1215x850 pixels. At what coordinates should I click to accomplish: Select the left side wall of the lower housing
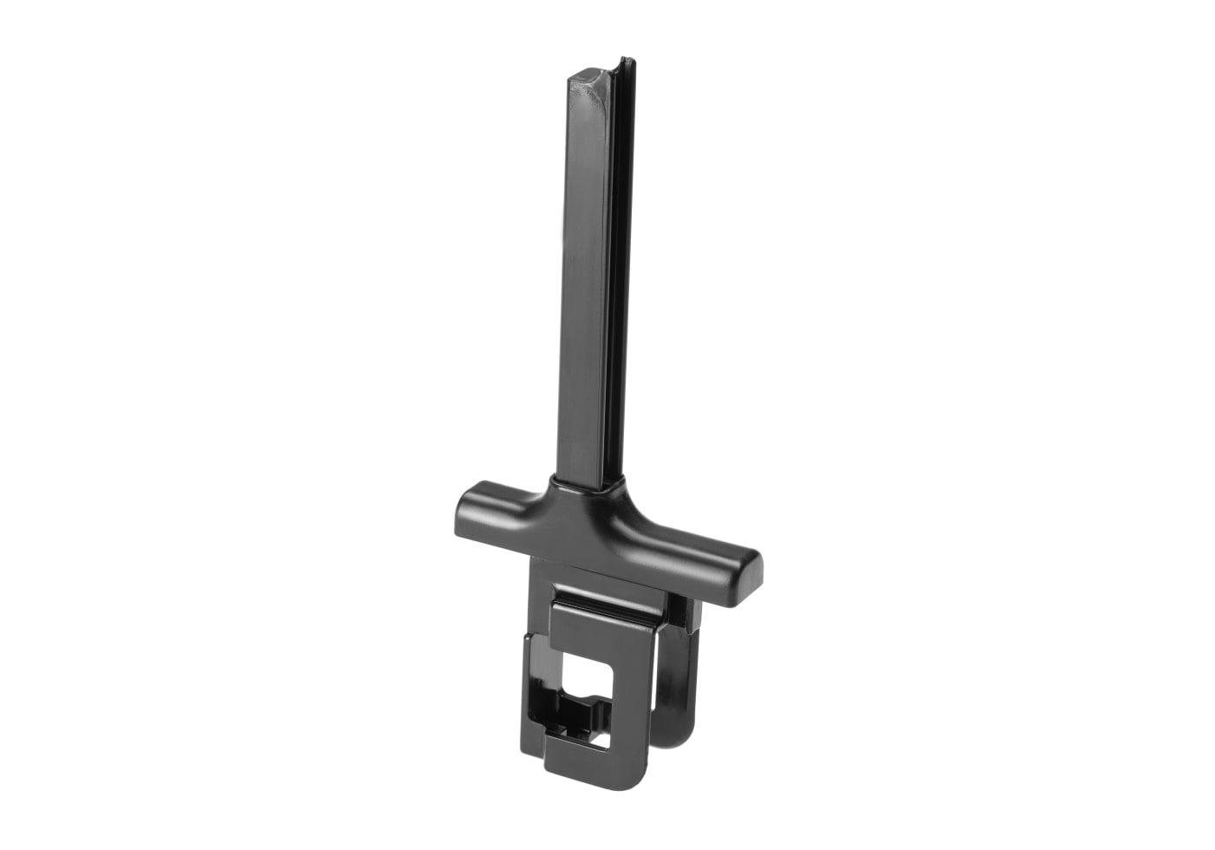[531, 685]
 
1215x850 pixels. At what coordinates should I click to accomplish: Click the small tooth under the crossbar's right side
[690, 618]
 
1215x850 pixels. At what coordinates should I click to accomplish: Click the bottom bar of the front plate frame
[599, 763]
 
